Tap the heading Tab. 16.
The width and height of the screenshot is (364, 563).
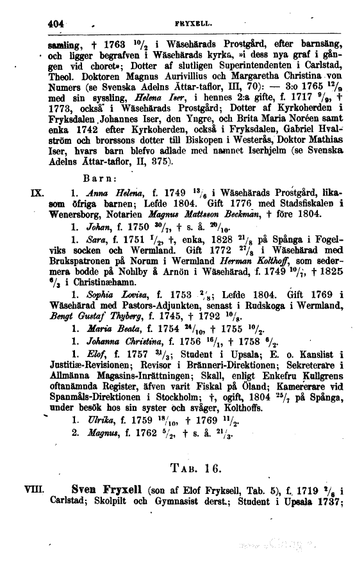pos(197,466)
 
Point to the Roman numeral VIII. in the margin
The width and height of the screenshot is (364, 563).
pos(31,490)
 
